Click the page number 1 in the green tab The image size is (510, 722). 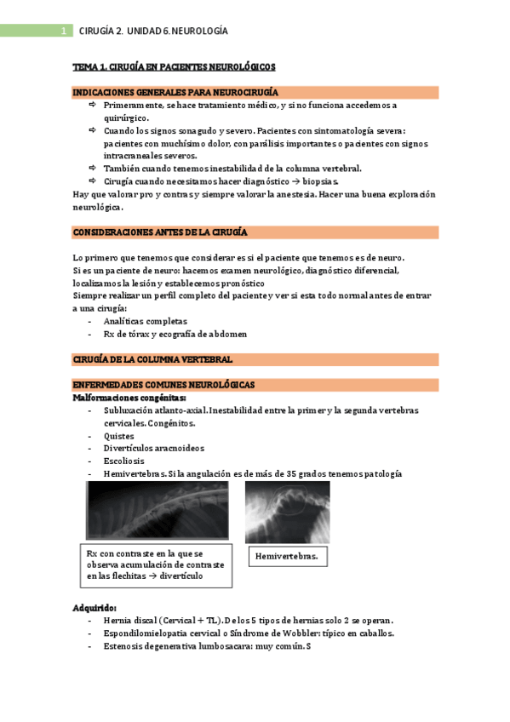pos(63,32)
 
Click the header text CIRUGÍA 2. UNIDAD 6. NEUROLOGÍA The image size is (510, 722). pos(152,32)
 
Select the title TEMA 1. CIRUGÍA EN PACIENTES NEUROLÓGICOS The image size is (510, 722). pos(174,66)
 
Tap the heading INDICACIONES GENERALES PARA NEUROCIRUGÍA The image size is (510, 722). pos(175,92)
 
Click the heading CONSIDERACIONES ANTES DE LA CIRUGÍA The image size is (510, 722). pos(160,232)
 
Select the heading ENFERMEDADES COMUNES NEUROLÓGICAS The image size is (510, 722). pos(163,385)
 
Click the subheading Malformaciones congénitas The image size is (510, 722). pos(129,398)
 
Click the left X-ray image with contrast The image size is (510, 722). pos(157,510)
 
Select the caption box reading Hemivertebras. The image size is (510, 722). pos(287,557)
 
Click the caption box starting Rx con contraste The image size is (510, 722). pos(155,564)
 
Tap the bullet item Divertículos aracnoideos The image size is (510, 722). pos(153,448)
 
